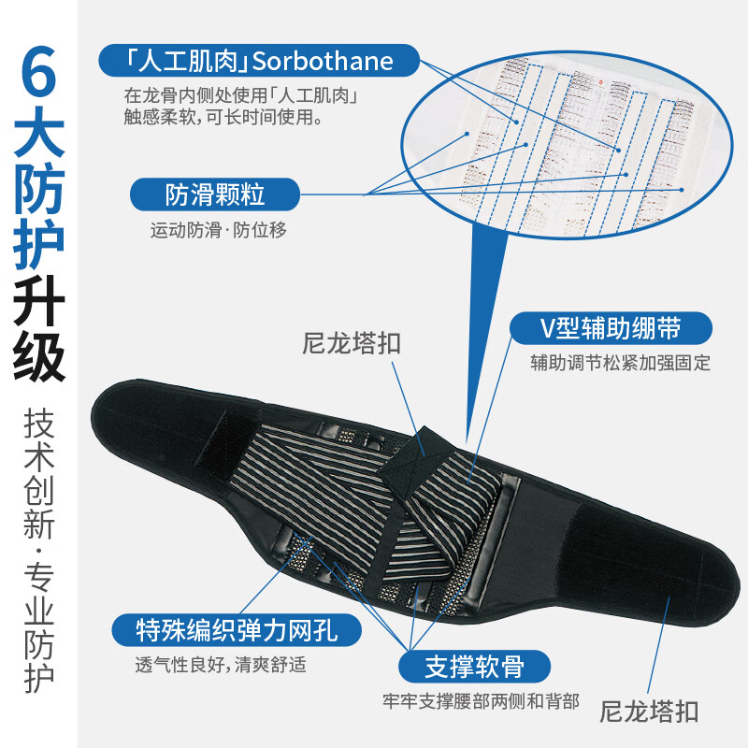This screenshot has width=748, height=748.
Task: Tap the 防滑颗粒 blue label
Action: [215, 194]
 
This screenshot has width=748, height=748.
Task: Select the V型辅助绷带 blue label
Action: [610, 329]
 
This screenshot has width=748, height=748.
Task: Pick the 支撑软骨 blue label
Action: [474, 668]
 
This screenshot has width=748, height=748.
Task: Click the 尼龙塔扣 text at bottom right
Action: [649, 712]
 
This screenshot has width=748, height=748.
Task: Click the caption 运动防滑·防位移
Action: [219, 231]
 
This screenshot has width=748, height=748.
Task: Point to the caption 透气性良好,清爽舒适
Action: [221, 666]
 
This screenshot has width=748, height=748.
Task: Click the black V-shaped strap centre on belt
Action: [425, 440]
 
